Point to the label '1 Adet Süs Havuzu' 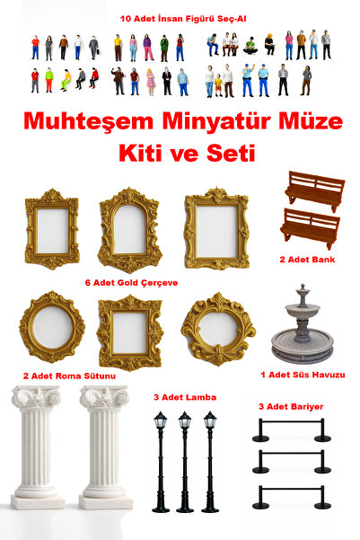303,374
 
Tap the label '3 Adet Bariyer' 290,406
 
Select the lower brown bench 311,228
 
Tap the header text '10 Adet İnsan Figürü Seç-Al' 180,17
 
